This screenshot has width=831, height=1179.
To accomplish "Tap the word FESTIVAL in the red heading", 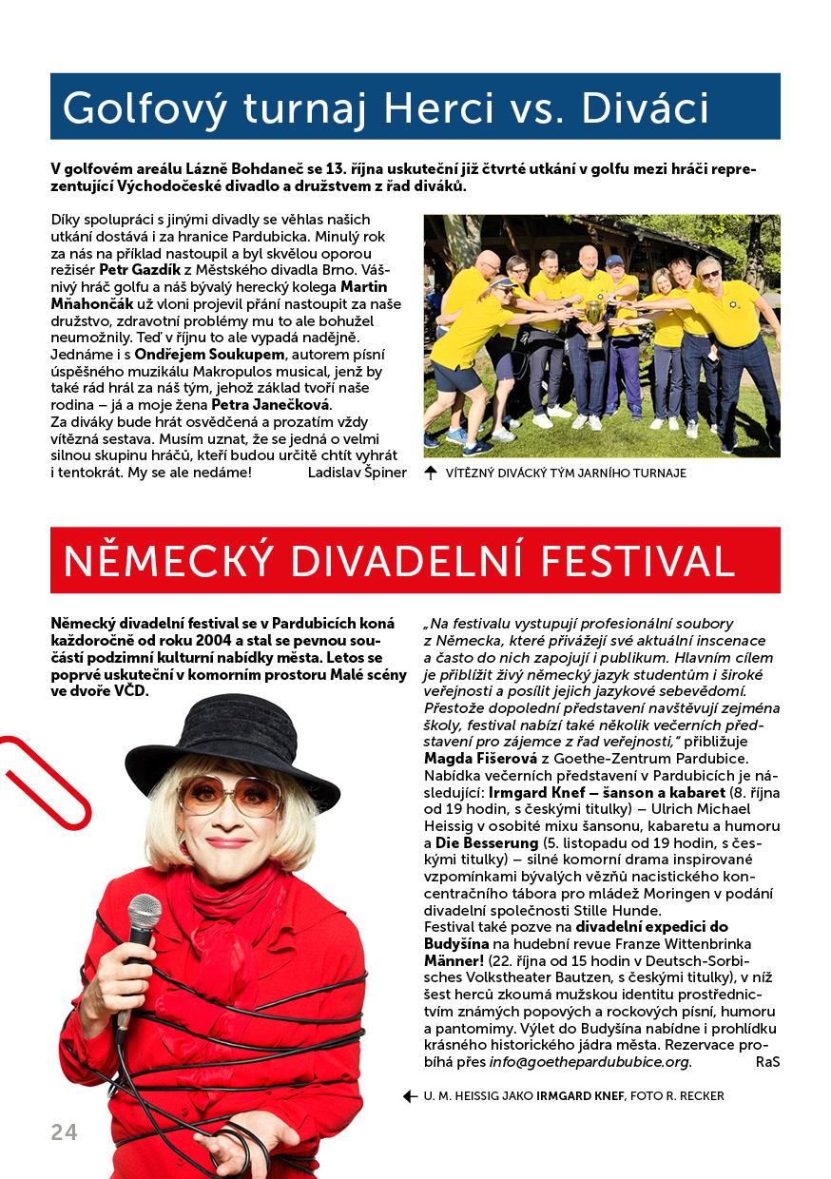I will point(646,561).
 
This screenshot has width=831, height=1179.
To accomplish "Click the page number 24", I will point(64,1131).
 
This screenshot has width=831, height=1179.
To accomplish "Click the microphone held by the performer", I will point(144,917).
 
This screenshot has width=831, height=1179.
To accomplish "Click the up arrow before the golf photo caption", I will point(431,473).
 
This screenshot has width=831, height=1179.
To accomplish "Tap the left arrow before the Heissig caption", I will point(410,1096).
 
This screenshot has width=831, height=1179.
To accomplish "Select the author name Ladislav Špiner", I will point(358,473).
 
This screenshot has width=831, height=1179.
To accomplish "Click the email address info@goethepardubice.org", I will point(589,1062).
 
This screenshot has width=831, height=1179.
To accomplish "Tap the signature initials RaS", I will point(767,1062).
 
